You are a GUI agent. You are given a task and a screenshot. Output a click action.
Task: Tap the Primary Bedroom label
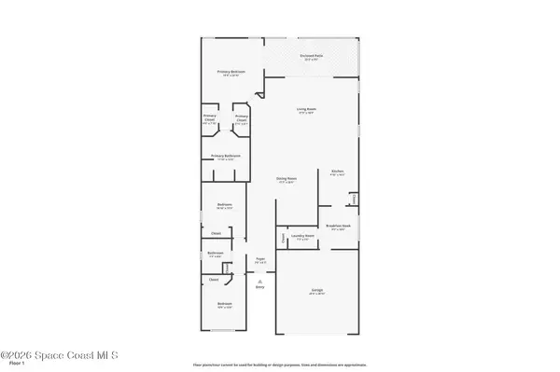point(231,75)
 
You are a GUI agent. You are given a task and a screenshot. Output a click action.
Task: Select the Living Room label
point(308,110)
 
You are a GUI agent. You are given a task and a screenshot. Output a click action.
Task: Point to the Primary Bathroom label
point(226,157)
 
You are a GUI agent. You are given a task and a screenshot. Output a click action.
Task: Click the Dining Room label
point(286,179)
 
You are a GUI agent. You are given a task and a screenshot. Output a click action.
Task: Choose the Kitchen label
point(338,172)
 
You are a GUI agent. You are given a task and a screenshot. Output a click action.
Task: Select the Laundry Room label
point(302,237)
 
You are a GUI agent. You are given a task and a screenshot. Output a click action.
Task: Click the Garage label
point(316,291)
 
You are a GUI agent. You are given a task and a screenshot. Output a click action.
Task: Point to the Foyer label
point(261,260)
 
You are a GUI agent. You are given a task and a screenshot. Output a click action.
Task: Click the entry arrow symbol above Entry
point(261,282)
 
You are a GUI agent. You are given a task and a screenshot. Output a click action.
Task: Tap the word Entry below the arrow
point(261,288)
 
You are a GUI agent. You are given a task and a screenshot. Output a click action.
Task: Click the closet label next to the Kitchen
point(354,200)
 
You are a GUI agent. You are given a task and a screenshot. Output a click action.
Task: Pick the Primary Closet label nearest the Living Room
point(241,120)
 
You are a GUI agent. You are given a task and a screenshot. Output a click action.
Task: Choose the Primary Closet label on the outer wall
point(210,120)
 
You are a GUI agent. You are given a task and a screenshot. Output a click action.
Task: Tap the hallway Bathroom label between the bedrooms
point(216,253)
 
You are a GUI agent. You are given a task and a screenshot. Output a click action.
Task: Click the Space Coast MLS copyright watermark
point(65,354)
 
